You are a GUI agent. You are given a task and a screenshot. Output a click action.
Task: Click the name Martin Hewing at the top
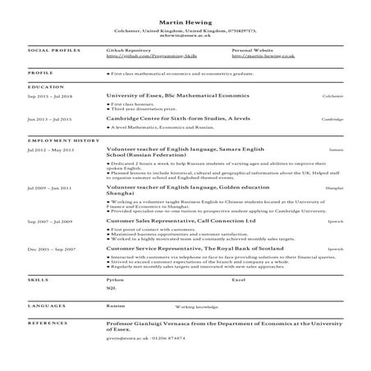click(x=185, y=22)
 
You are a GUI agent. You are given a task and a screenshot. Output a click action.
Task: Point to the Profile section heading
click(x=40, y=72)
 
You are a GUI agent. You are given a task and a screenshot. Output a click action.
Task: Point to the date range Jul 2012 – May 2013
click(x=50, y=150)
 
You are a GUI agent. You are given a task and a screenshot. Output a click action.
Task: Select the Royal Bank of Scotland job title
click(x=175, y=248)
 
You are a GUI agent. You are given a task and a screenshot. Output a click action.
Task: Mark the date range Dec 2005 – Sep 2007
click(x=50, y=248)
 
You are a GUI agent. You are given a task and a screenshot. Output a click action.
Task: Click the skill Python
click(x=114, y=280)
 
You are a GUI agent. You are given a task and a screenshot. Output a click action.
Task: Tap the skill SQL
click(x=112, y=289)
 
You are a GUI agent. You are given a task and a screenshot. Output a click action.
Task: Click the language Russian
click(x=116, y=305)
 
